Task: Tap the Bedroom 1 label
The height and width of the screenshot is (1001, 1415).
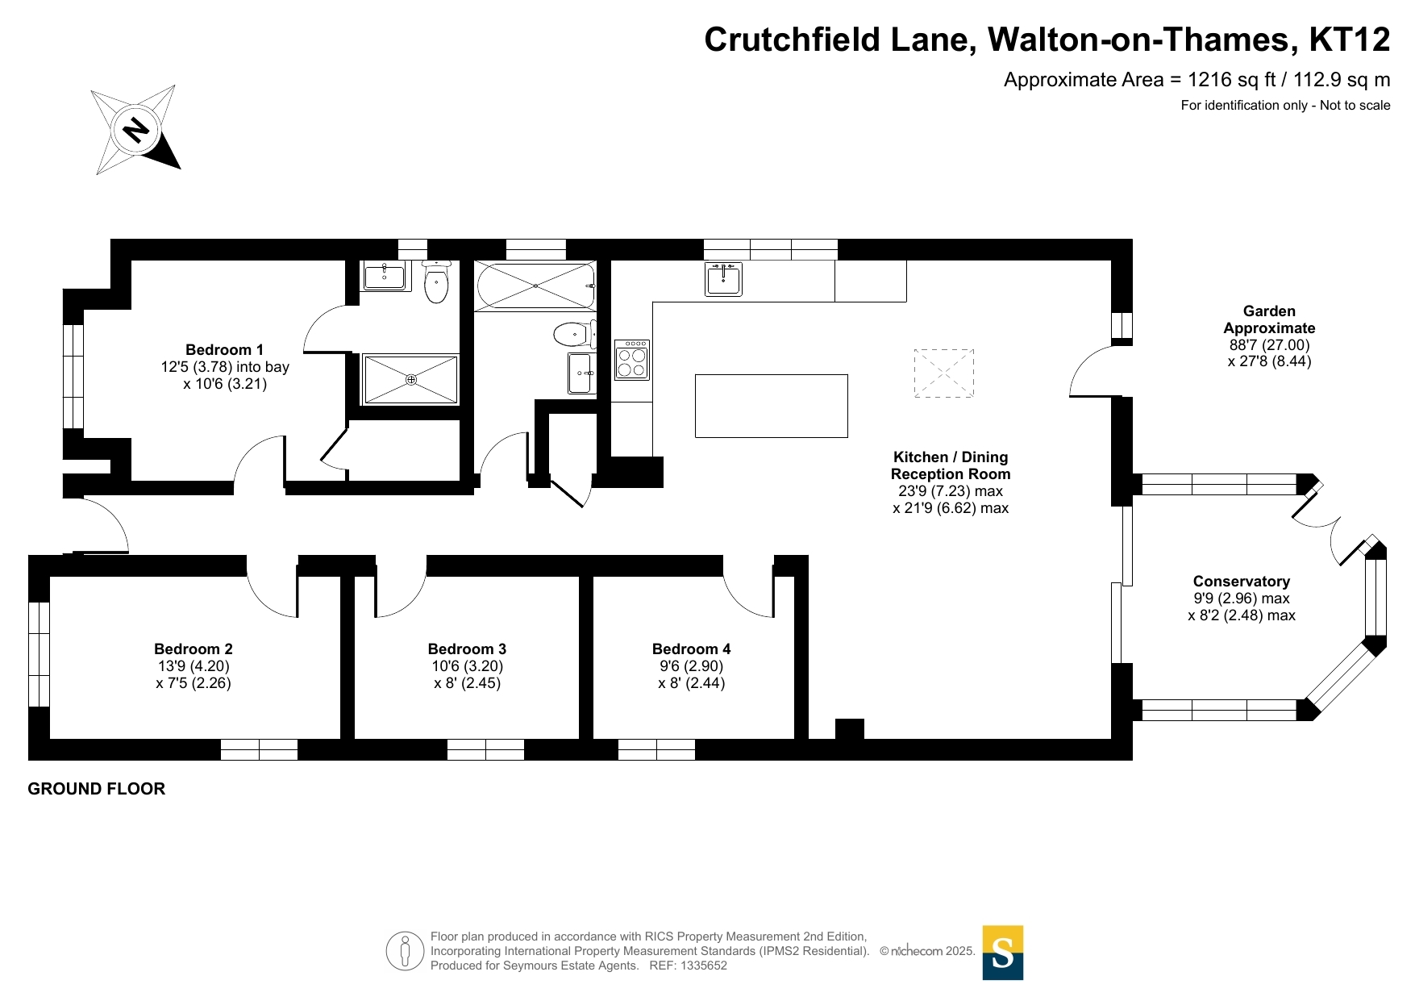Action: [224, 350]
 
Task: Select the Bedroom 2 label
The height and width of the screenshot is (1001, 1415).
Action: [194, 649]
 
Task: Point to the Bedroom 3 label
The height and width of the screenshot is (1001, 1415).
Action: [467, 649]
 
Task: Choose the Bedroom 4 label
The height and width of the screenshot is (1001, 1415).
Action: [691, 649]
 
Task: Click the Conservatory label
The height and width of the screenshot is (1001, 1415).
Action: [1241, 582]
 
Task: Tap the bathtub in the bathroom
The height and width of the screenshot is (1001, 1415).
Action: [535, 286]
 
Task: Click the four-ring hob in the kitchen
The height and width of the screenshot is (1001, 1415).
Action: [632, 361]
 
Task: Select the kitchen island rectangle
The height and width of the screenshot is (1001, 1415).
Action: [771, 406]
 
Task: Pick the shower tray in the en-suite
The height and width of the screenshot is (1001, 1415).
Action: [411, 379]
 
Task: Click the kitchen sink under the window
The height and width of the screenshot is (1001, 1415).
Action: [723, 279]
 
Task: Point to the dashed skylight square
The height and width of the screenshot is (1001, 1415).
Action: [943, 373]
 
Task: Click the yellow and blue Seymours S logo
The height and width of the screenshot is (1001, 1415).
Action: [1002, 953]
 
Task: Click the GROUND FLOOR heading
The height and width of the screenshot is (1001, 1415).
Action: [97, 789]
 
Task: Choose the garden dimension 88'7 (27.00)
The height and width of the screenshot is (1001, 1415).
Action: [1269, 345]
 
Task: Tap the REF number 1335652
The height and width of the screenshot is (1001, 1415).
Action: [704, 966]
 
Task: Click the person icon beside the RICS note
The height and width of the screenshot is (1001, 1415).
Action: [405, 951]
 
